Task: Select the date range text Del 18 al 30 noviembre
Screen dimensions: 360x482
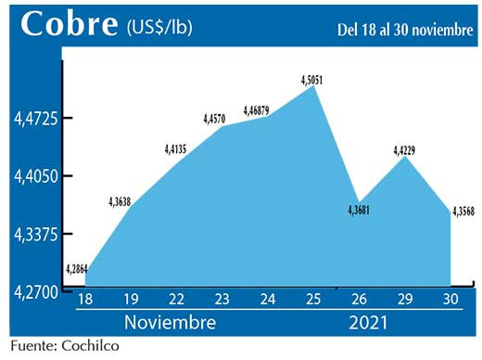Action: (404, 30)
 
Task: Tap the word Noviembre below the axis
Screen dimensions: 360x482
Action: (171, 324)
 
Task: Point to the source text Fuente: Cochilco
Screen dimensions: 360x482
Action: (65, 347)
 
